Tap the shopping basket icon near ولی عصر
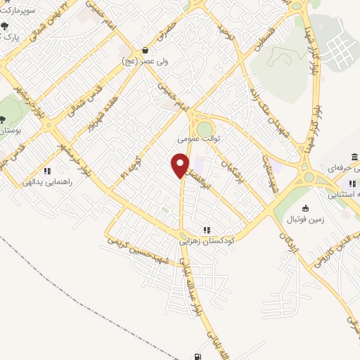pos(145,50)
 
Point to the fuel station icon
pos(195,355)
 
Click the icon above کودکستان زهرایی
pos(207,230)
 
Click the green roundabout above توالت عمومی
pos(205,128)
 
